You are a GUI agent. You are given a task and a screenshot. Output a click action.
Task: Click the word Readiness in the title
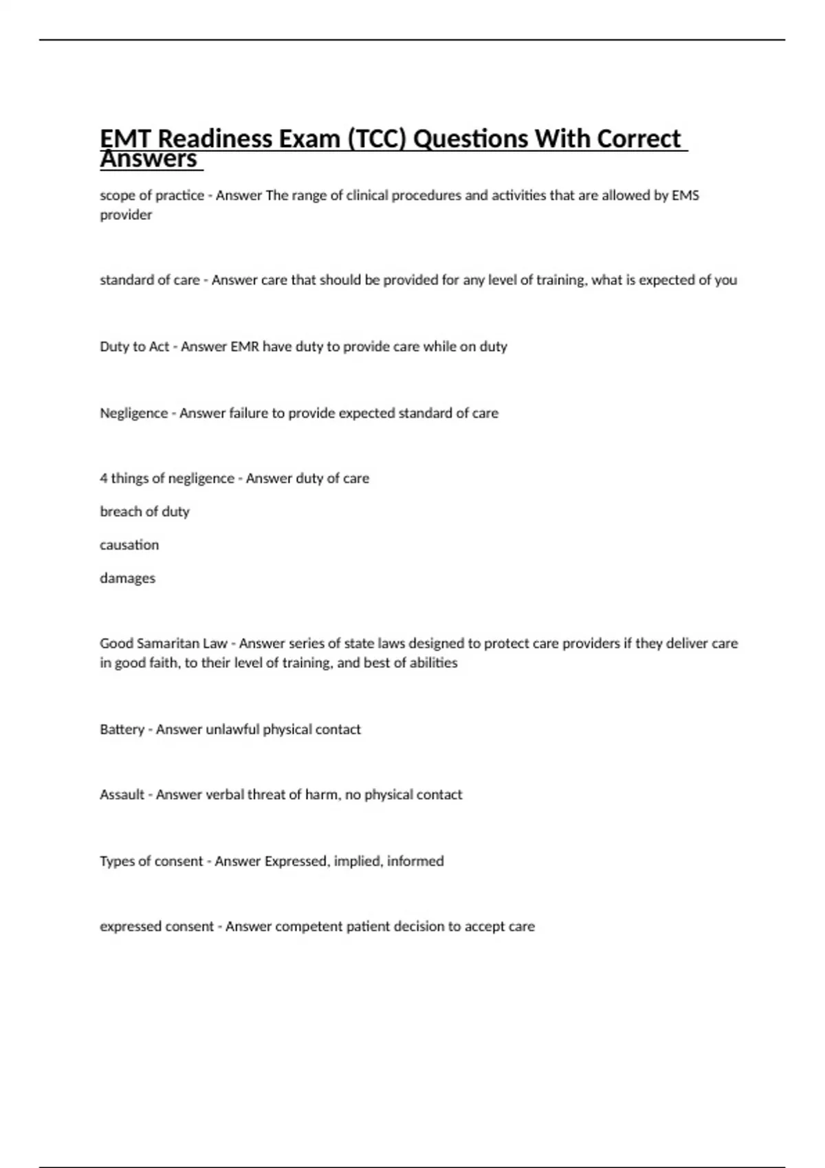[214, 139]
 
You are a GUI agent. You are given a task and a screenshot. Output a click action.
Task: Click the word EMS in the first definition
[685, 195]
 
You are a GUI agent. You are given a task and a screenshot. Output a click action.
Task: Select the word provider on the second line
[126, 215]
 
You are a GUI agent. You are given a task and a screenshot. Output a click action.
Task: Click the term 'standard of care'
[149, 280]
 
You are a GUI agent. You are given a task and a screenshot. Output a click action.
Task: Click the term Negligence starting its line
[133, 413]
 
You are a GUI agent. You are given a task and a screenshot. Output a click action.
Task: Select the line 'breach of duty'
[144, 511]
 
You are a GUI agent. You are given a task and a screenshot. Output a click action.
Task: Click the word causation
[129, 545]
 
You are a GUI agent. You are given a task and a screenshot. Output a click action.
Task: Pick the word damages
[127, 578]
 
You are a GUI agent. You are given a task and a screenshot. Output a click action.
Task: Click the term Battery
[121, 729]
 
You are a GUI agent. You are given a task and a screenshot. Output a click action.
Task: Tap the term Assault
[122, 794]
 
